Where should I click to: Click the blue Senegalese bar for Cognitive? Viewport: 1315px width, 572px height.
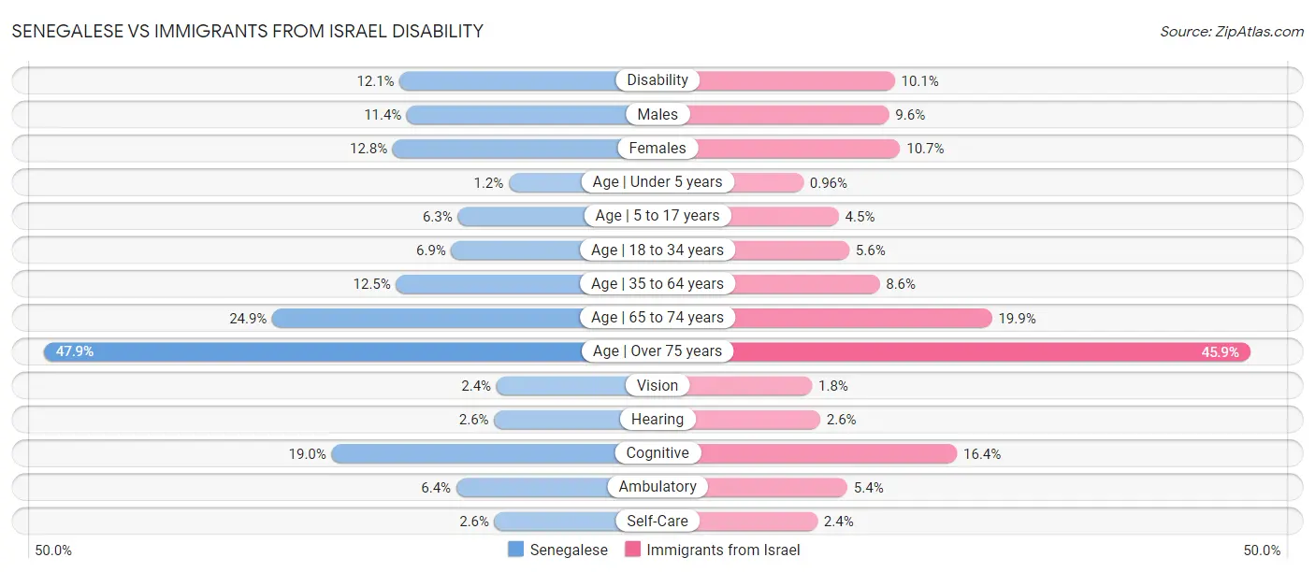coord(472,453)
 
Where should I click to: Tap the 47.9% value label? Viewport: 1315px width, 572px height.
coord(75,351)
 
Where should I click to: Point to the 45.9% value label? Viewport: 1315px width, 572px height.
coord(1220,351)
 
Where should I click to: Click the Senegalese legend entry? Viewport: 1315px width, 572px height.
coord(558,551)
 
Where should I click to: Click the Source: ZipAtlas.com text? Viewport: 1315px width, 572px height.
coord(1231,31)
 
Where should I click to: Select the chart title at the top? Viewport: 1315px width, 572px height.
coord(248,31)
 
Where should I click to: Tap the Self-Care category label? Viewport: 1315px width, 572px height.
coord(657,522)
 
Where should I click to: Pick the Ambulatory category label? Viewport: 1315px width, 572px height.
coord(657,487)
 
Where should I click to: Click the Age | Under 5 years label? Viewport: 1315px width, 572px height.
coord(657,182)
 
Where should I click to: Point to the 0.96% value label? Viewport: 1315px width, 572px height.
coord(829,182)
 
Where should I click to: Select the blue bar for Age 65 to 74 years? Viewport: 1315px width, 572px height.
coord(426,318)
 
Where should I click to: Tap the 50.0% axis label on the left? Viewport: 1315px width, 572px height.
coord(53,551)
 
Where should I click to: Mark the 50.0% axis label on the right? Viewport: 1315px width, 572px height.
coord(1262,551)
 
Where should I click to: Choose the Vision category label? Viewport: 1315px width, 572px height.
coord(657,386)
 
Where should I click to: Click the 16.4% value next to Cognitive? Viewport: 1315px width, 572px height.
coord(982,453)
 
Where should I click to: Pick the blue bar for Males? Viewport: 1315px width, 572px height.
coord(515,115)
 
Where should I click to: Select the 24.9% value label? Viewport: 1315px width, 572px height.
coord(248,318)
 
